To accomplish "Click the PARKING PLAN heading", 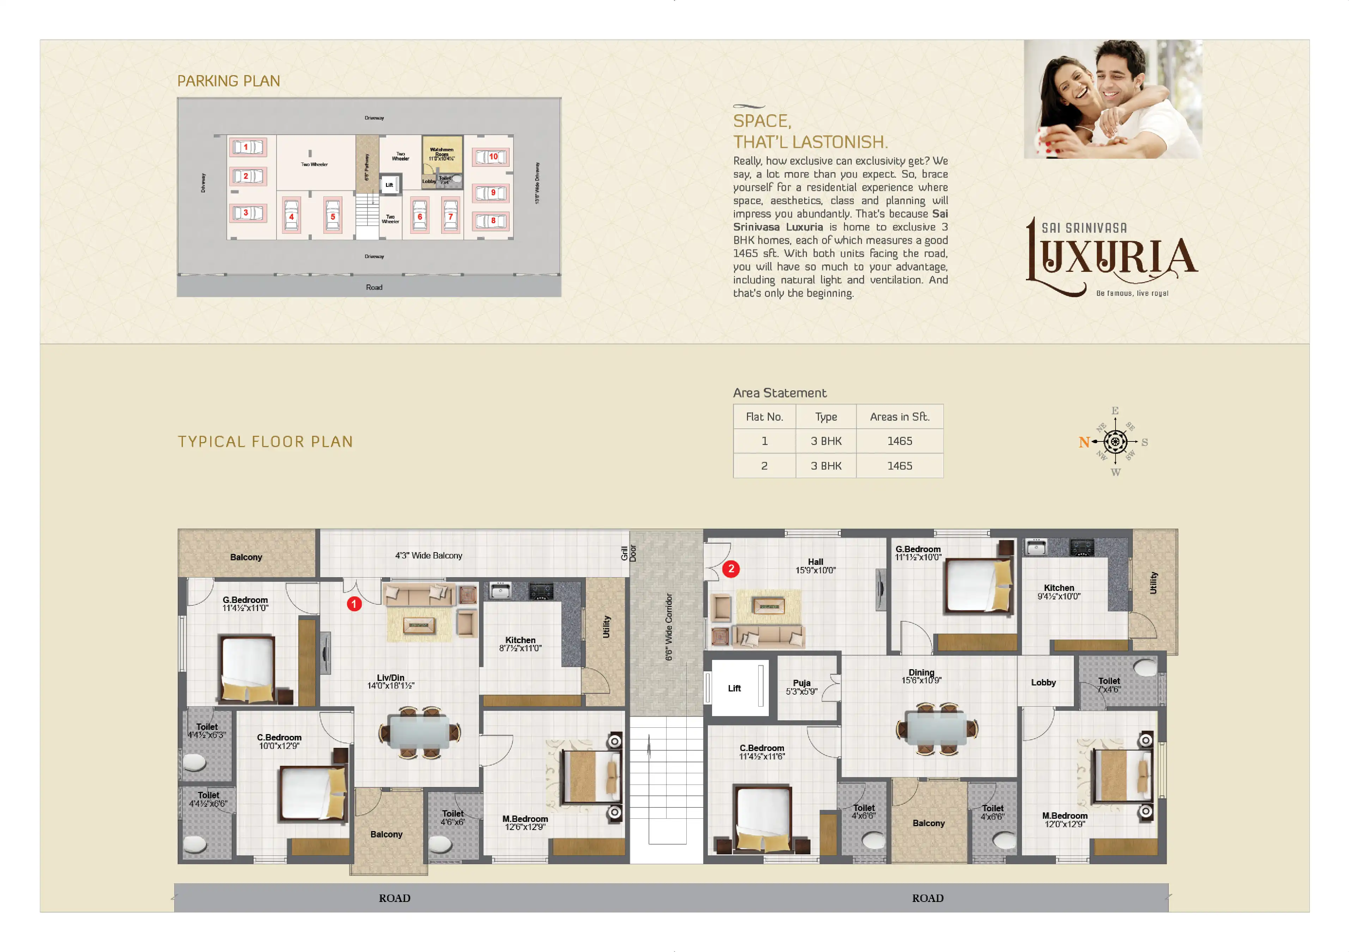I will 229,81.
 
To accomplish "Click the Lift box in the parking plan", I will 389,184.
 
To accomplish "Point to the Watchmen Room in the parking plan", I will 442,154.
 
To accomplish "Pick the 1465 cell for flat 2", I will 899,466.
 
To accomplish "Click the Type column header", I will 826,417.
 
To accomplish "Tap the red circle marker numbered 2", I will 731,568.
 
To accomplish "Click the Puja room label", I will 801,686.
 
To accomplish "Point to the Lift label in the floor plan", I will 734,688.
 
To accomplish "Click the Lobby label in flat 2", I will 1043,682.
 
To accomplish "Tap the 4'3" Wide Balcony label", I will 428,556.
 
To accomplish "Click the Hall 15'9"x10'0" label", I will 815,566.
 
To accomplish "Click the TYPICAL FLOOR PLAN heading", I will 265,442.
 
